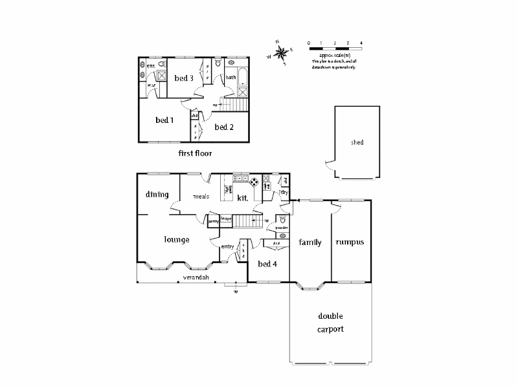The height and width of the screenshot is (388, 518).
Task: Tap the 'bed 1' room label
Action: point(164,120)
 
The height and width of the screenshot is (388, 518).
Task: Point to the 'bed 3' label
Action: point(184,78)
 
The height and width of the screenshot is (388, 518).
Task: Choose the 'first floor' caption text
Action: point(195,154)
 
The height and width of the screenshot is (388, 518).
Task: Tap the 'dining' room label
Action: point(157,195)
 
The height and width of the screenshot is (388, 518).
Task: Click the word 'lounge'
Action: point(176,239)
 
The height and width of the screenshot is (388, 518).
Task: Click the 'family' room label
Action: point(310,242)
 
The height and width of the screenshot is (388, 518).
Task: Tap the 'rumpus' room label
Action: point(350,242)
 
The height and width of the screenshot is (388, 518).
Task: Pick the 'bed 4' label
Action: point(267,264)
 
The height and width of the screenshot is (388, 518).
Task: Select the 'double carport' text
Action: point(330,322)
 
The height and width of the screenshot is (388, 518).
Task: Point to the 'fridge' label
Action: point(226,219)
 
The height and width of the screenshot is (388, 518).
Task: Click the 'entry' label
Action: point(227,246)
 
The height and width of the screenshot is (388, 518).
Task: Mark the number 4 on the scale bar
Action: point(361,43)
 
